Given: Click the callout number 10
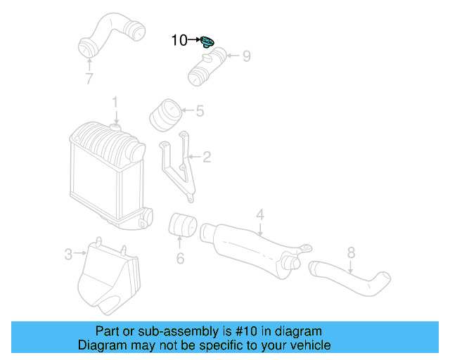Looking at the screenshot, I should [x=179, y=41].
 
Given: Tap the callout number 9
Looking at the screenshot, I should [x=246, y=56].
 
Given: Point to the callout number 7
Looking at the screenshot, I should [x=89, y=79].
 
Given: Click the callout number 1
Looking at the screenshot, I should [x=115, y=103].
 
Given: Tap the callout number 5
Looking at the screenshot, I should [x=200, y=110].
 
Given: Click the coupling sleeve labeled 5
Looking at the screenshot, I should [x=165, y=115].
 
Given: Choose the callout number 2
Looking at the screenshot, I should [x=207, y=157].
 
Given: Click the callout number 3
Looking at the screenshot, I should [x=68, y=254].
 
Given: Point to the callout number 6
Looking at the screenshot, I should [x=180, y=259].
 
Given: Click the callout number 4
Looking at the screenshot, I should [x=259, y=214].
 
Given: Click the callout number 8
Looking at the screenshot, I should [x=351, y=252].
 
